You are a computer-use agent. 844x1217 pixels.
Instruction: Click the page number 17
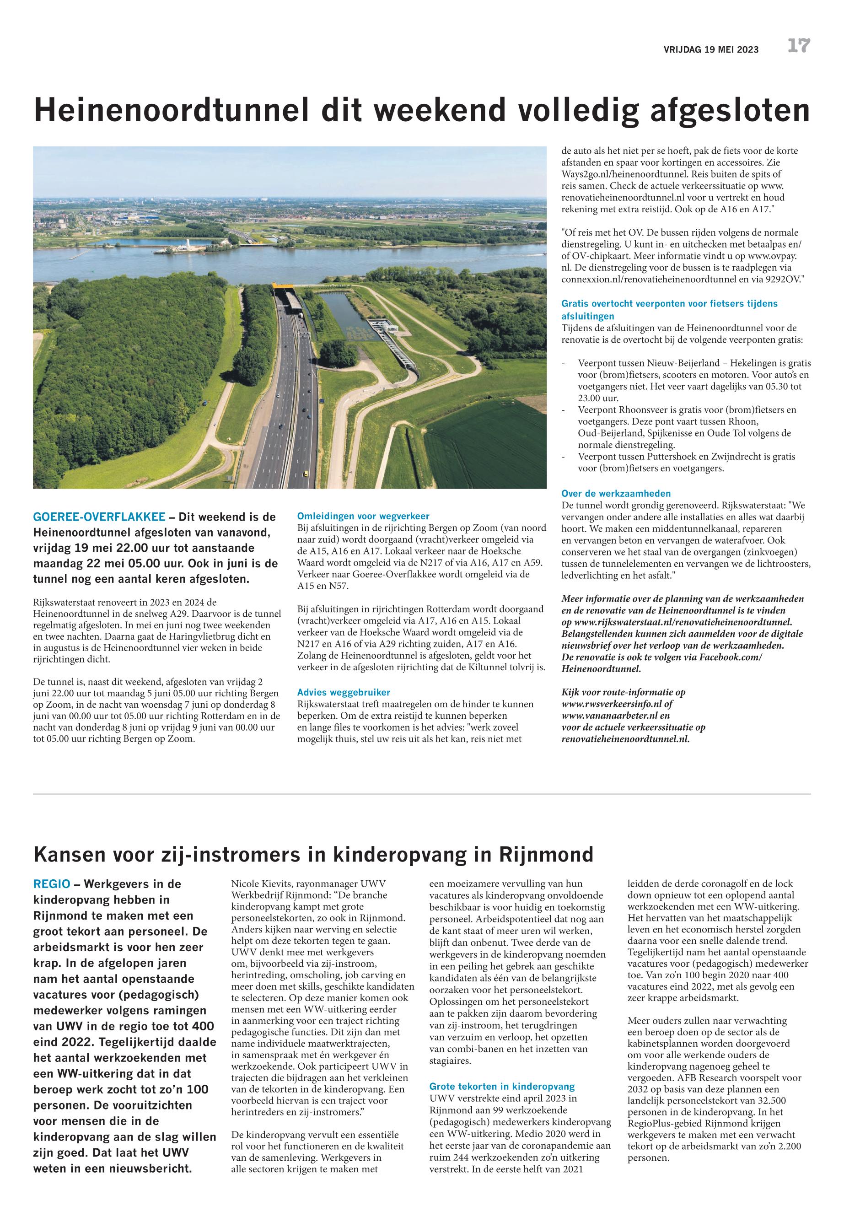(x=799, y=47)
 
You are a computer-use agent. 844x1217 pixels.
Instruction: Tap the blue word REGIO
(x=51, y=884)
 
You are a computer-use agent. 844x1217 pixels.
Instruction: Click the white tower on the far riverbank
(x=188, y=244)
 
